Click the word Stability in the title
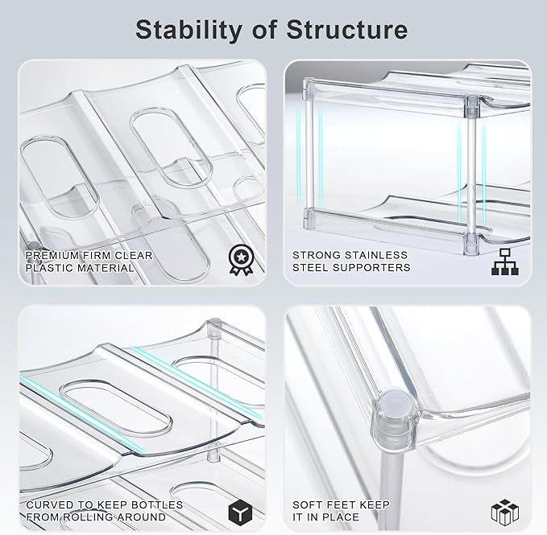pos(189,31)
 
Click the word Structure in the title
pos(346,30)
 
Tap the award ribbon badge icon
pos(240,260)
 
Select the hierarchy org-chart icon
pos(505,261)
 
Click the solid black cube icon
pos(240,512)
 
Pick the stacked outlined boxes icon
pos(505,512)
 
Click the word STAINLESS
pos(375,255)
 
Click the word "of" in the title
pos(264,30)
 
